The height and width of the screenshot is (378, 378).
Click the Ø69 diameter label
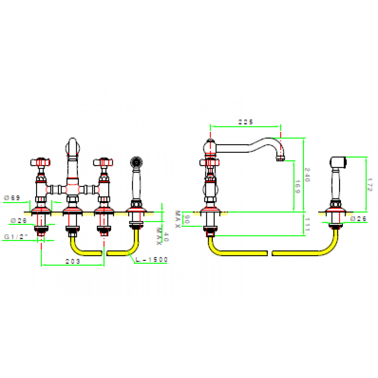pos(12,198)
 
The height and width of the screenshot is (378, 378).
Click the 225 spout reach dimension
pos(245,122)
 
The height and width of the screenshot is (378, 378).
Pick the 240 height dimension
pos(307,176)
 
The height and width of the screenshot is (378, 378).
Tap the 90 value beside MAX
pos(185,219)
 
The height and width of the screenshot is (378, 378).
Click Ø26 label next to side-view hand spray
pos(358,218)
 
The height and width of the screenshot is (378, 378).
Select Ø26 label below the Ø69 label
pos(18,220)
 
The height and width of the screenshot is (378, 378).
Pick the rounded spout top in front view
pos(73,146)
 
